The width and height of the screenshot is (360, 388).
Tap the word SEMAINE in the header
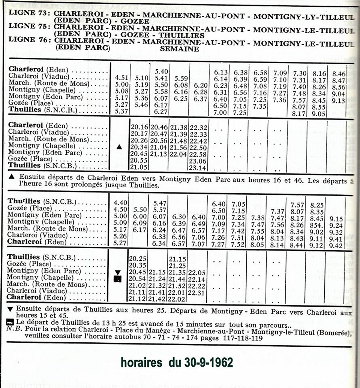pyautogui.click(x=180, y=49)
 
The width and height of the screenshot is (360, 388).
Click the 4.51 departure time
pyautogui.click(x=121, y=78)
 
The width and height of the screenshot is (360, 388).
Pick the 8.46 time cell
pyautogui.click(x=339, y=74)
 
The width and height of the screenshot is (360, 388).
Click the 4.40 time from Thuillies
pyautogui.click(x=120, y=203)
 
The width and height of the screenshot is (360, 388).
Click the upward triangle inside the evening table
pyautogui.click(x=119, y=147)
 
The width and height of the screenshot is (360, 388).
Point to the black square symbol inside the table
pyautogui.click(x=118, y=279)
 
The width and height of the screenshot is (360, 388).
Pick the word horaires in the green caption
pyautogui.click(x=141, y=363)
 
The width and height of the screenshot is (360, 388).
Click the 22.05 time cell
pyautogui.click(x=197, y=272)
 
